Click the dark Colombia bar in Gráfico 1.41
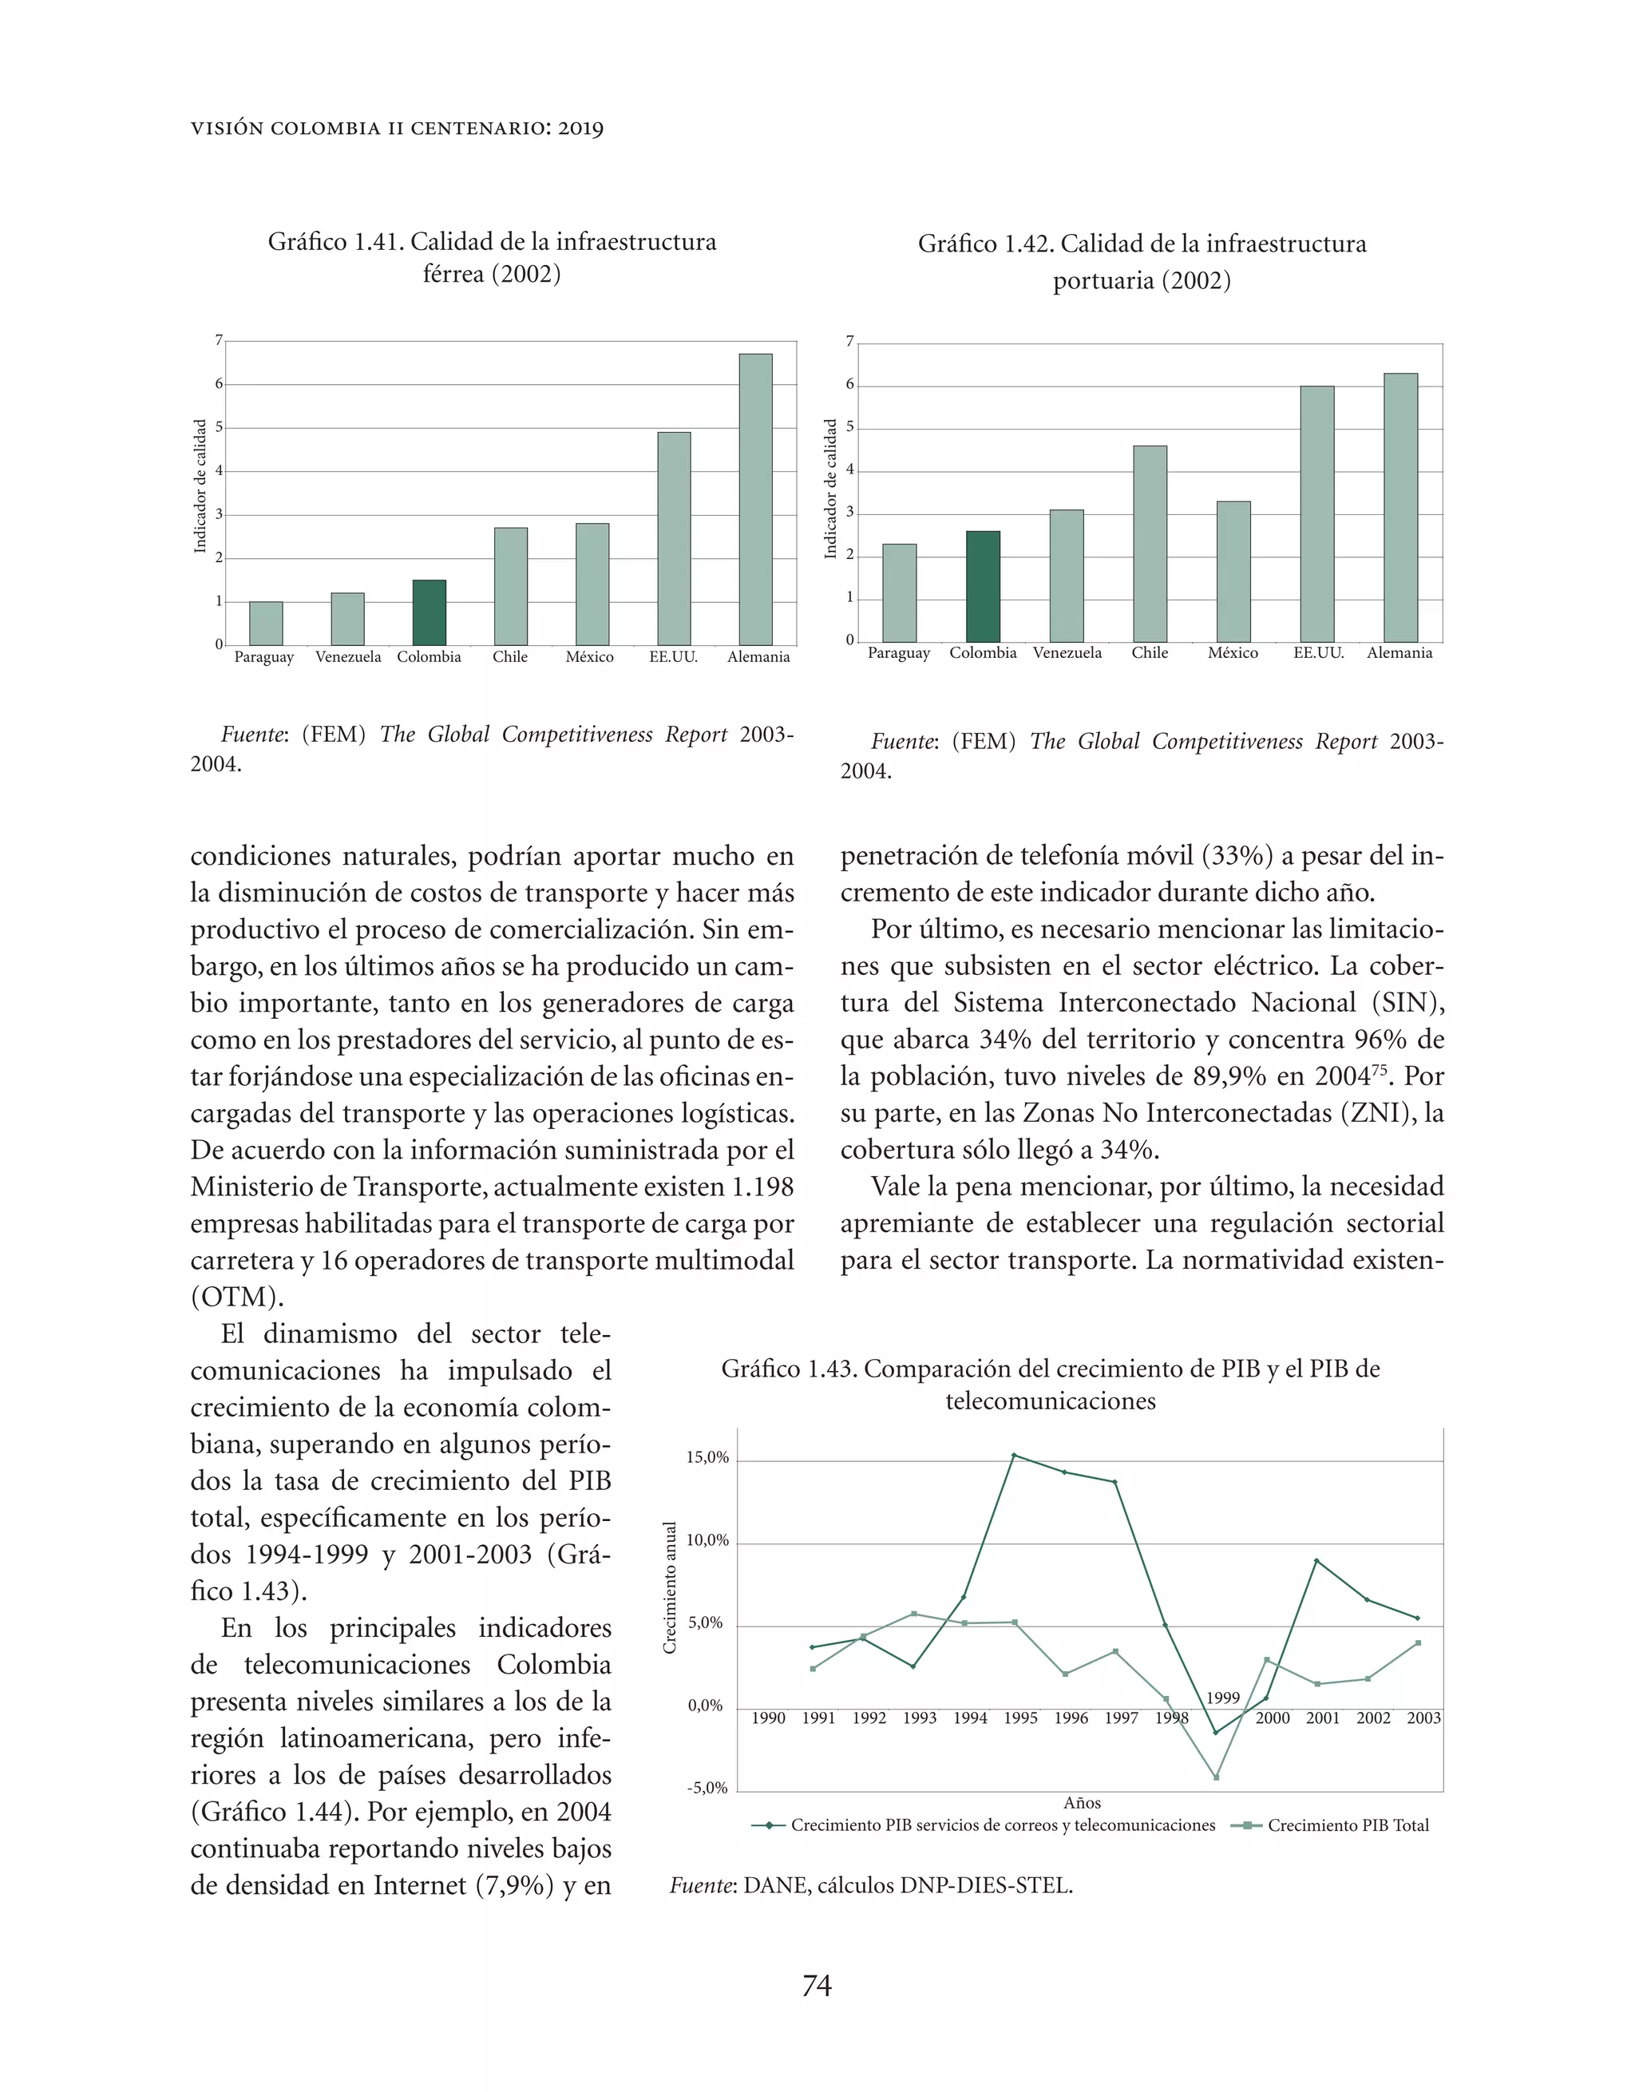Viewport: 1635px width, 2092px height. coord(429,613)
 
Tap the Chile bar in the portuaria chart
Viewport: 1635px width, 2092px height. coord(1150,544)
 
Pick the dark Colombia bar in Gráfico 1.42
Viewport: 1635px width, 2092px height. coord(983,586)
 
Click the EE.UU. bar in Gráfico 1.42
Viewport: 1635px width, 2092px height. coord(1317,513)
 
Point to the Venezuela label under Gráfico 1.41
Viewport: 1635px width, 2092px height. coord(348,657)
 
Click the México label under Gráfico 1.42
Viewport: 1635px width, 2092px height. coord(1233,653)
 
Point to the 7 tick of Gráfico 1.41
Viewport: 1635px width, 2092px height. coord(219,340)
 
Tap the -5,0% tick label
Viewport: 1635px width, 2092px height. coord(707,1789)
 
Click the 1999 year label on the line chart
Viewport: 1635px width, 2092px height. coord(1222,1698)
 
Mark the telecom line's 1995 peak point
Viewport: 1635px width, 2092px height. coord(1015,1455)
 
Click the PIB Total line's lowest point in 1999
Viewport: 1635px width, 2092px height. coord(1217,1778)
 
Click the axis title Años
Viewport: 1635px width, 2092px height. coord(1083,1803)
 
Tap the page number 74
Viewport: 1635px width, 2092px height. coord(816,1987)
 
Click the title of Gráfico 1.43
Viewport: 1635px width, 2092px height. coord(1051,1384)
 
